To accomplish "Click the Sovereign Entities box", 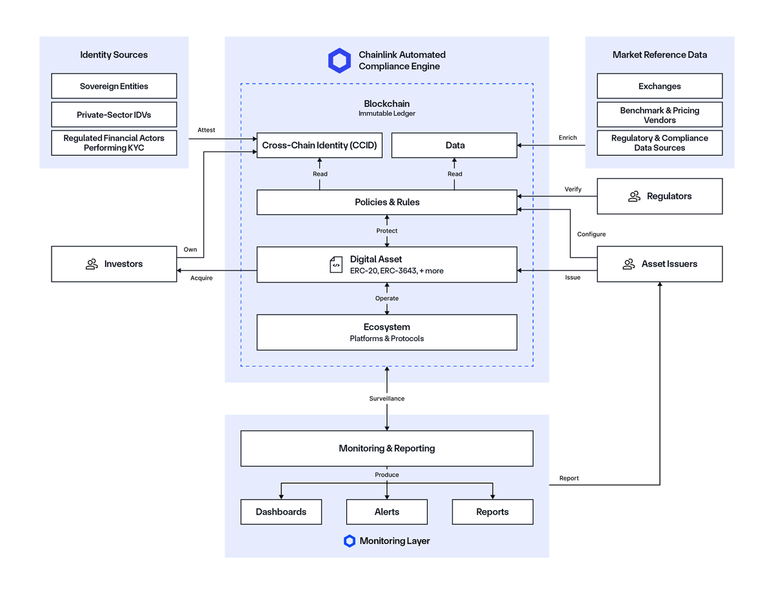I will (x=114, y=86).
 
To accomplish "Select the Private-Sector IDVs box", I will (x=114, y=115).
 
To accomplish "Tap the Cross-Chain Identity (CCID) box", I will (x=319, y=145).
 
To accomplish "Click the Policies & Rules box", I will (x=387, y=202).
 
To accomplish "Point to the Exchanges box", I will (x=659, y=86).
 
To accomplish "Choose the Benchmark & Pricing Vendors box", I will (x=659, y=115).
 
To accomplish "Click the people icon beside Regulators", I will (x=634, y=196).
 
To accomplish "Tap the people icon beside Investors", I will (x=92, y=264).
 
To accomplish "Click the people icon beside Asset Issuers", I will (x=629, y=264).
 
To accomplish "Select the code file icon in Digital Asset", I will (x=336, y=264).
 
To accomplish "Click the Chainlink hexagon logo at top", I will (x=339, y=61).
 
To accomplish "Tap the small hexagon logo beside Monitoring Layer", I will (x=350, y=541).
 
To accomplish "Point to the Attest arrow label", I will (x=206, y=130).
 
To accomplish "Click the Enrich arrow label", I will (x=568, y=137).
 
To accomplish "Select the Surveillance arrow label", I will (x=387, y=399).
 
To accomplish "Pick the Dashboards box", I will (x=281, y=511).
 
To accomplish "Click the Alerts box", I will (x=387, y=511).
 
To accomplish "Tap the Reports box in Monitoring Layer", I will (x=492, y=511).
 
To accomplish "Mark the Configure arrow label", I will (x=591, y=234).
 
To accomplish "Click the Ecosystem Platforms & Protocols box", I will (x=387, y=332).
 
